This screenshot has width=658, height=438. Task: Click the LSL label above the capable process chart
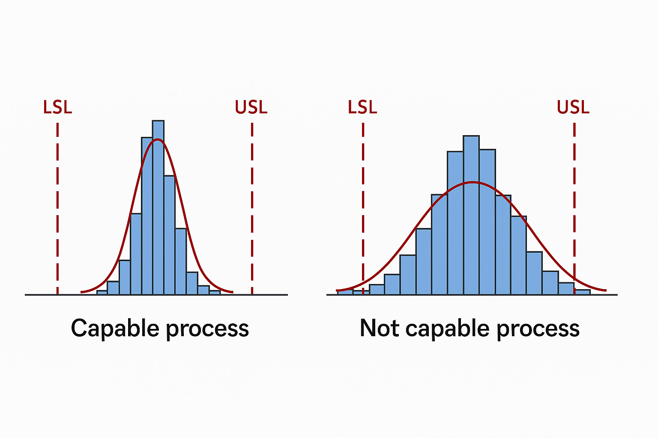pyautogui.click(x=57, y=107)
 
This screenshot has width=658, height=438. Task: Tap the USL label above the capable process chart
pyautogui.click(x=251, y=107)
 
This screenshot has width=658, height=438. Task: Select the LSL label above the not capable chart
pyautogui.click(x=362, y=107)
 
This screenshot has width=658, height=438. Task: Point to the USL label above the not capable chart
pyautogui.click(x=573, y=107)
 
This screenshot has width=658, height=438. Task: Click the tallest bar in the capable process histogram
pyautogui.click(x=158, y=207)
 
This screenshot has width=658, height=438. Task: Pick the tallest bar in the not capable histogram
pyautogui.click(x=471, y=215)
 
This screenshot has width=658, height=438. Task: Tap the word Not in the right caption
pyautogui.click(x=379, y=328)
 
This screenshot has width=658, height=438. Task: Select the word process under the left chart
pyautogui.click(x=207, y=330)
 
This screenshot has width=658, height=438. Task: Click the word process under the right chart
pyautogui.click(x=538, y=330)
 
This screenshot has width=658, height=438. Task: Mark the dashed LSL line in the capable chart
pyautogui.click(x=57, y=209)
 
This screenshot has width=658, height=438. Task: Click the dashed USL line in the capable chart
pyautogui.click(x=252, y=209)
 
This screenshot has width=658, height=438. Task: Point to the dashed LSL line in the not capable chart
pyautogui.click(x=363, y=209)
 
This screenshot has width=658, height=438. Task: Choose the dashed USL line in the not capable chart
pyautogui.click(x=574, y=209)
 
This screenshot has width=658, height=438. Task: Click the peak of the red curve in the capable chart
pyautogui.click(x=158, y=139)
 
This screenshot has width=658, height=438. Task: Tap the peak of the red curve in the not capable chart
pyautogui.click(x=473, y=182)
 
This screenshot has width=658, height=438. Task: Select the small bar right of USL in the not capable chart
pyautogui.click(x=583, y=292)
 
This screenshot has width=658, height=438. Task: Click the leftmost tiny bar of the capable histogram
pyautogui.click(x=102, y=293)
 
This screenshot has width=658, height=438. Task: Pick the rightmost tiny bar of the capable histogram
pyautogui.click(x=215, y=293)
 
